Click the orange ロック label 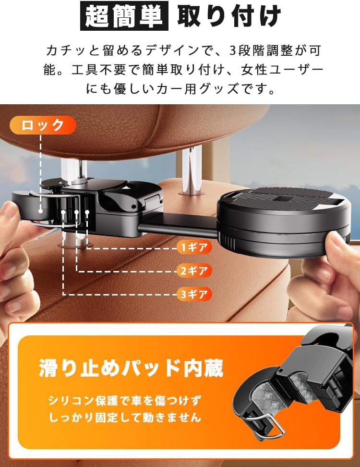pyautogui.click(x=43, y=125)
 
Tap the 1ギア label pyautogui.click(x=194, y=247)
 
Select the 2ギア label pyautogui.click(x=194, y=270)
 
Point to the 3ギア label pyautogui.click(x=194, y=294)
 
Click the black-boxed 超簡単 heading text pyautogui.click(x=124, y=16)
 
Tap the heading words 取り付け pyautogui.click(x=229, y=16)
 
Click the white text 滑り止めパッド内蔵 pyautogui.click(x=131, y=368)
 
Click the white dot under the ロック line pyautogui.click(x=40, y=211)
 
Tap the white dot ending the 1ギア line pyautogui.click(x=87, y=212)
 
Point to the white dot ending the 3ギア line pyautogui.click(x=63, y=212)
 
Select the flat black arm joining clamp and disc pyautogui.click(x=179, y=226)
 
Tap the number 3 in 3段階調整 pyautogui.click(x=233, y=50)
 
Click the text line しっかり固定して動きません pyautogui.click(x=125, y=417)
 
